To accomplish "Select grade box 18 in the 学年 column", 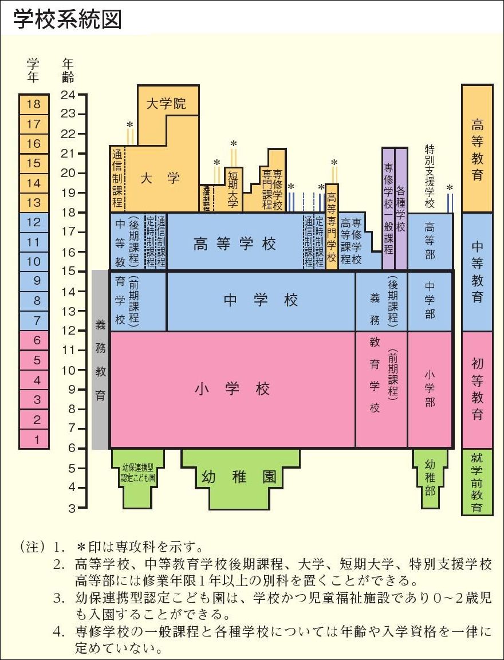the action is [x=34, y=104].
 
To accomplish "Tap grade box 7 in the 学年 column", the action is [x=34, y=320].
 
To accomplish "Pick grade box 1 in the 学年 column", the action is [x=34, y=439].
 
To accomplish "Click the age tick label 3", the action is [x=72, y=508].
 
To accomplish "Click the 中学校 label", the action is [x=261, y=300].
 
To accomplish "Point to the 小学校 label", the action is [x=232, y=389].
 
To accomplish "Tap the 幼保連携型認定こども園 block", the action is [x=138, y=472].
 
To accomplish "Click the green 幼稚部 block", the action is [x=430, y=476].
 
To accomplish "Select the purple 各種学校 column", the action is [x=401, y=209].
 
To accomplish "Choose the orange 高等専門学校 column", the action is [x=332, y=227].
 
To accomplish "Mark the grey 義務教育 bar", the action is [x=100, y=359].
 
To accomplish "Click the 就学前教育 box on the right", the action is [x=477, y=482].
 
